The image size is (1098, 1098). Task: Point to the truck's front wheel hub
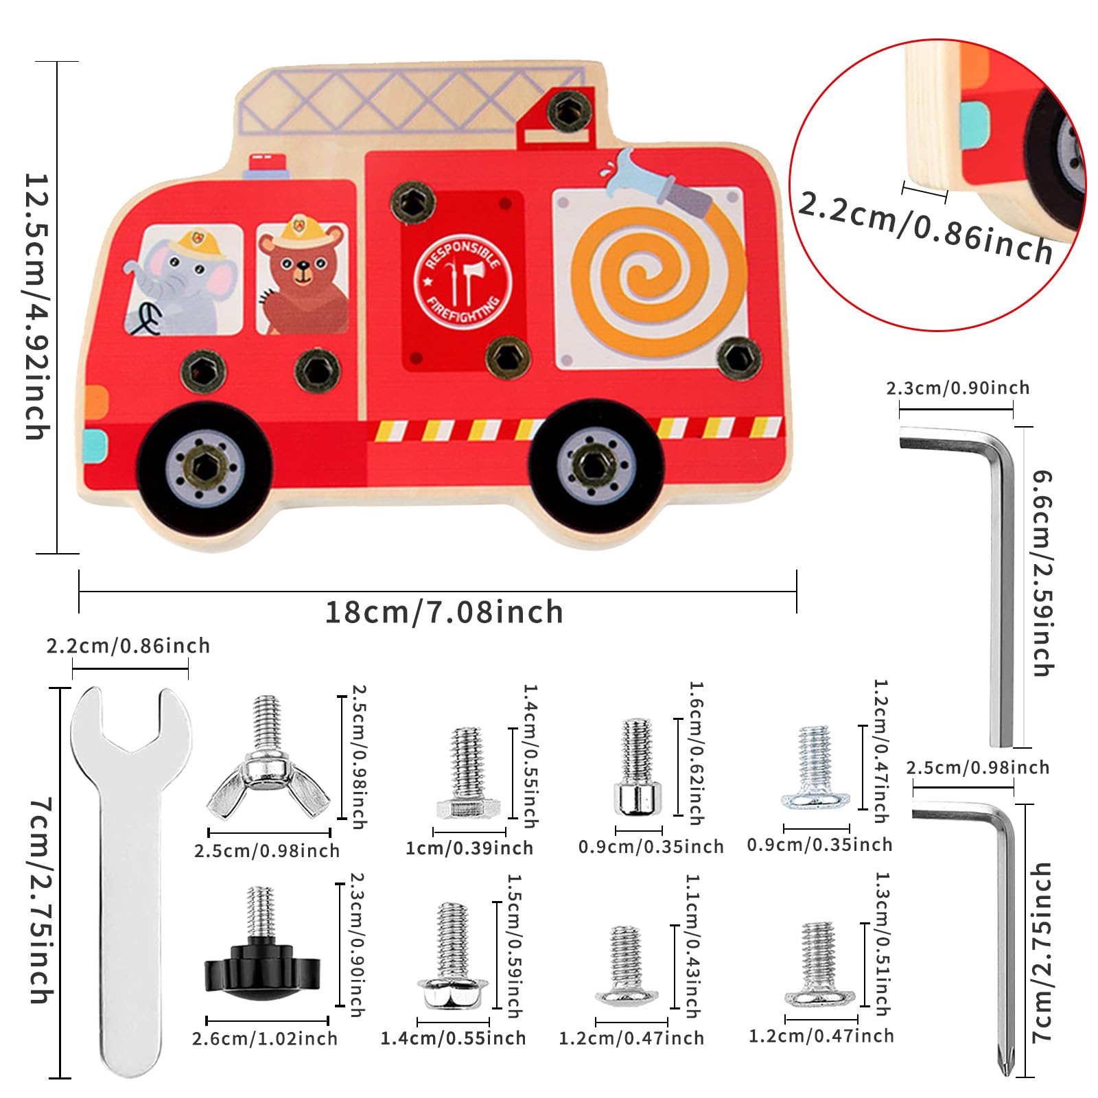pos(204,467)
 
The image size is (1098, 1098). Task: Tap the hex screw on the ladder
pos(570,110)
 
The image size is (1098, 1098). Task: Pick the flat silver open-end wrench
pos(132,878)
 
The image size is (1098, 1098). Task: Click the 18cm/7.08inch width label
pos(443,612)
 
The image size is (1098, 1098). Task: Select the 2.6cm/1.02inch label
pos(265,1038)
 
